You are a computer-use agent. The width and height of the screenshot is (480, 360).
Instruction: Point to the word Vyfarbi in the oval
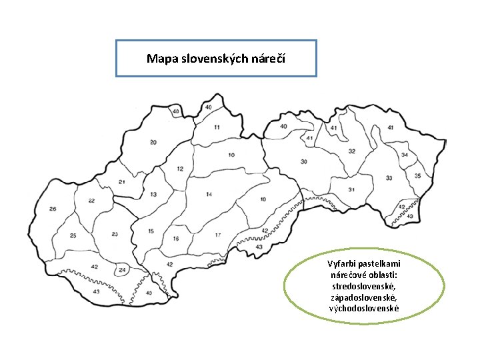point(341,264)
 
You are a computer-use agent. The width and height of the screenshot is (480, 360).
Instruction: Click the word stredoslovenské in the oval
point(364,286)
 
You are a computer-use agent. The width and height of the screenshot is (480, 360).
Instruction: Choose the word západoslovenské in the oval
point(364,297)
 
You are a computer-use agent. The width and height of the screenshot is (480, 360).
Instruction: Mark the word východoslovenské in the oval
point(364,309)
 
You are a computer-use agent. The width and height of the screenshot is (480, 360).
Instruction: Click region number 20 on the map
point(153,142)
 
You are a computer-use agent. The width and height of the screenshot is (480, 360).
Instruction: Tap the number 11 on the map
point(217,127)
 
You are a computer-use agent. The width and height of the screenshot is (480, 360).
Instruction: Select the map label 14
point(209,194)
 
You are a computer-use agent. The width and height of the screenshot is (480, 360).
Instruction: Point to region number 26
point(53,209)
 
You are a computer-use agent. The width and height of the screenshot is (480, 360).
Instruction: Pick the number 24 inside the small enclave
point(123,270)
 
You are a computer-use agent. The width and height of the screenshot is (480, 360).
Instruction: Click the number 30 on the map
point(304,161)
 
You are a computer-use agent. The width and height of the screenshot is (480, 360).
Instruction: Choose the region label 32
point(351,151)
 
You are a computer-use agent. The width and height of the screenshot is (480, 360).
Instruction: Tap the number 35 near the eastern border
point(417,176)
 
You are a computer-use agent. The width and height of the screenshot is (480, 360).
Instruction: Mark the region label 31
point(351,190)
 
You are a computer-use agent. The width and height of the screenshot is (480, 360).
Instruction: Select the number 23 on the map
point(115,234)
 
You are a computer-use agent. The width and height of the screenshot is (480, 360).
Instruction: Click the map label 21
point(121,181)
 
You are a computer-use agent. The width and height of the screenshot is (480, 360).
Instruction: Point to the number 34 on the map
point(405,155)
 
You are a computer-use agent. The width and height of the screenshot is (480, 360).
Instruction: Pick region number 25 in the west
point(73,236)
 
